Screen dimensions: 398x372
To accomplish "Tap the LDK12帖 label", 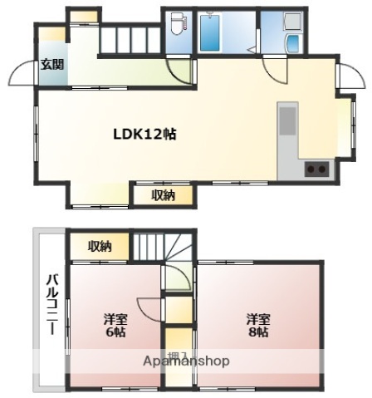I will pyautogui.click(x=144, y=132).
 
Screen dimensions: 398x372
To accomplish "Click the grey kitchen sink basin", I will pyautogui.click(x=287, y=120).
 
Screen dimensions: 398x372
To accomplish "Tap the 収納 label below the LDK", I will pyautogui.click(x=163, y=195).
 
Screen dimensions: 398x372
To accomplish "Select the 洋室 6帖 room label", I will pyautogui.click(x=115, y=325).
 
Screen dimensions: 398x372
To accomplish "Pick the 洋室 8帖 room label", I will pyautogui.click(x=257, y=325).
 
